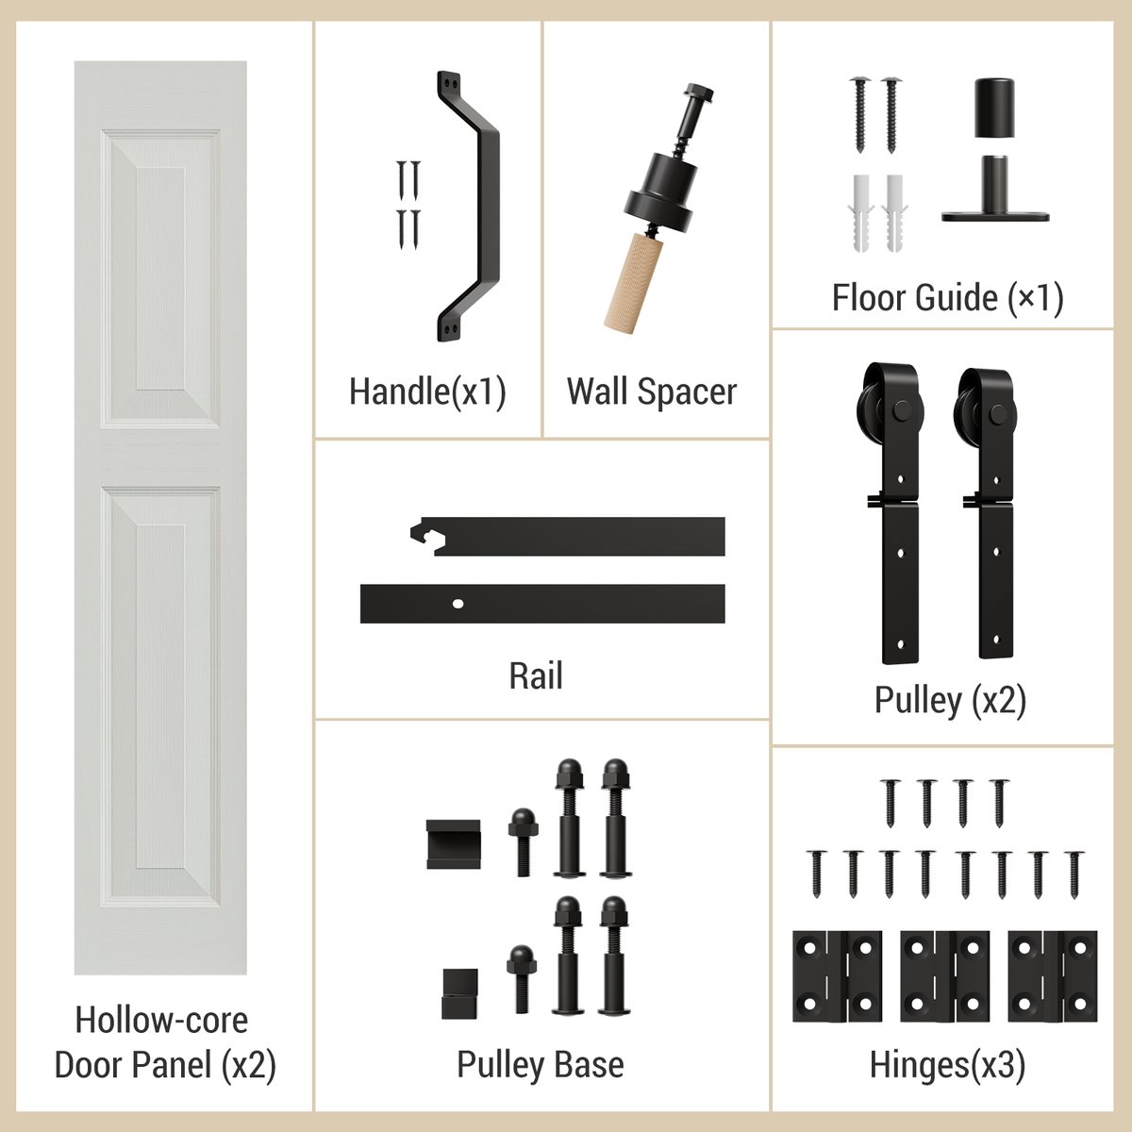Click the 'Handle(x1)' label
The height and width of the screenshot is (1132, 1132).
click(x=427, y=391)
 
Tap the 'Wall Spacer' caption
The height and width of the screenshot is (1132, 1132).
click(x=651, y=391)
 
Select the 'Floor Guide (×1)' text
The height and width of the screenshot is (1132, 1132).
click(x=947, y=298)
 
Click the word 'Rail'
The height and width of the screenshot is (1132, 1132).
click(x=536, y=676)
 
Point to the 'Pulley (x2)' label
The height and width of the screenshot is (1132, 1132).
click(x=950, y=700)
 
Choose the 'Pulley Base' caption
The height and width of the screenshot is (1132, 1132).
click(x=541, y=1064)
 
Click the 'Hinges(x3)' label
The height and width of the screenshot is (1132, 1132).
click(x=947, y=1065)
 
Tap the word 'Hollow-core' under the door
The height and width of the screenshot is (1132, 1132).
click(x=161, y=1020)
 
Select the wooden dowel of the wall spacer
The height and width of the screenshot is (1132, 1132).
click(x=633, y=282)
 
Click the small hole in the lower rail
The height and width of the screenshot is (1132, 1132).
click(x=458, y=602)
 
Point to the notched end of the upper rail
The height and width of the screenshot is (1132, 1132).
click(x=425, y=535)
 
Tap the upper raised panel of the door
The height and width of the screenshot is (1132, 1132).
click(x=160, y=278)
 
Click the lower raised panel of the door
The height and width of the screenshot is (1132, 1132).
click(x=160, y=693)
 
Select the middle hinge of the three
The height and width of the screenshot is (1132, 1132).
click(x=944, y=976)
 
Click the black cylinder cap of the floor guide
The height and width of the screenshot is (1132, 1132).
click(x=993, y=108)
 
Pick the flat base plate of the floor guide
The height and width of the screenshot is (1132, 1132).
click(x=995, y=216)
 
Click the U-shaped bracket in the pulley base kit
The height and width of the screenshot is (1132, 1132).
click(x=453, y=844)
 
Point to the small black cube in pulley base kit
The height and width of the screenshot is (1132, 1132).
click(x=459, y=993)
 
